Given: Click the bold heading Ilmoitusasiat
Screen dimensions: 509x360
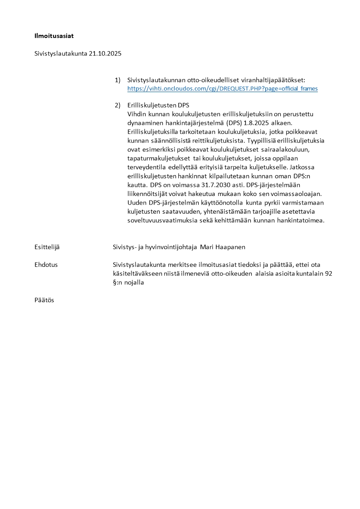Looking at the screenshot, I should pos(54,35).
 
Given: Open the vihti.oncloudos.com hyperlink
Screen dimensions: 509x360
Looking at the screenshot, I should pos(222,88).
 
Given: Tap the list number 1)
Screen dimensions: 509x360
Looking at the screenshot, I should pos(117,80).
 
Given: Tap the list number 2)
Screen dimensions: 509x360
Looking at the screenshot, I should pos(117,106).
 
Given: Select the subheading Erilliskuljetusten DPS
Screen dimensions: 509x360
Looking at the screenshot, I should pos(158,106).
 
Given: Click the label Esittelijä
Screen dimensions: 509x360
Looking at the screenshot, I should pos(47,247).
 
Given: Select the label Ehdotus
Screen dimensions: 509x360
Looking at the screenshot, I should pos(46,264).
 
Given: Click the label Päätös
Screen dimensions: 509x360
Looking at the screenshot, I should pos(44,300).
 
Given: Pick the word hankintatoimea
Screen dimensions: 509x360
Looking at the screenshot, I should pos(302,220).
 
